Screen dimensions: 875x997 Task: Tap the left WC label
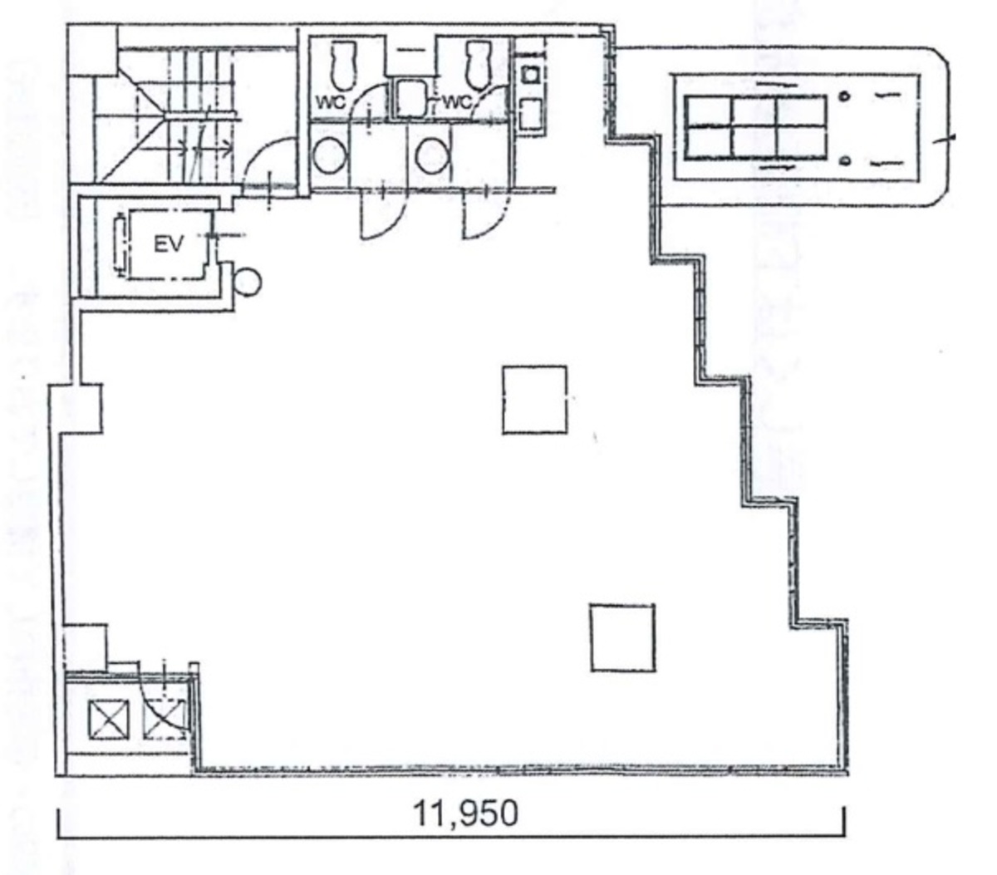pos(330,103)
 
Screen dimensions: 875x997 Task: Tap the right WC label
pos(457,103)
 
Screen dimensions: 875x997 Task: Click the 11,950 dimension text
pos(465,813)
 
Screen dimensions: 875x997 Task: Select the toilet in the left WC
pos(341,65)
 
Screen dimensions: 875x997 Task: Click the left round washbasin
pos(330,155)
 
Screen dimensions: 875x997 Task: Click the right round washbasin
pos(431,155)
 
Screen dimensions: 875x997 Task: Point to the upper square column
pos(534,400)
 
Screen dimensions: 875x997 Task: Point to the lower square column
pos(622,637)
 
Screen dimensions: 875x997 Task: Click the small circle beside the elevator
pos(247,282)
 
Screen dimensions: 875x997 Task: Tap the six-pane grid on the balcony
pos(755,127)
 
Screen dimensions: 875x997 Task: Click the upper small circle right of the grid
pos(844,96)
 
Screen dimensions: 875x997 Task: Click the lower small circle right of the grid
pos(844,160)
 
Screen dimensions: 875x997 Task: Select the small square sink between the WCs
pos(408,99)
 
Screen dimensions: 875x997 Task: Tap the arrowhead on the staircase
pos(229,149)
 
